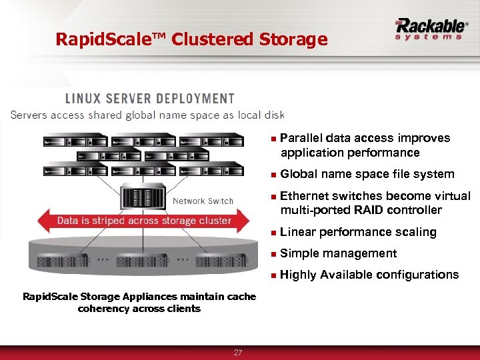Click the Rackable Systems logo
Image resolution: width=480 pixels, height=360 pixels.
(x=431, y=29)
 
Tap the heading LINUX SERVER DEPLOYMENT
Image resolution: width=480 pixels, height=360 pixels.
(x=149, y=99)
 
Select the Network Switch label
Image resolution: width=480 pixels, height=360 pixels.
(x=203, y=201)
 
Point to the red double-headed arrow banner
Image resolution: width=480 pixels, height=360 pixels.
(x=143, y=221)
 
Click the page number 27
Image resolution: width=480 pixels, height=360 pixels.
(x=238, y=353)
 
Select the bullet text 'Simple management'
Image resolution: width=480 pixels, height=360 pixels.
(x=338, y=253)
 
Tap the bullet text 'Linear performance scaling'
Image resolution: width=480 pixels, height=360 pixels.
(x=358, y=232)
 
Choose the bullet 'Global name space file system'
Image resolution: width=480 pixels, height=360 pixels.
(x=367, y=174)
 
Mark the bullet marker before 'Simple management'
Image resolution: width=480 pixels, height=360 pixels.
(x=273, y=254)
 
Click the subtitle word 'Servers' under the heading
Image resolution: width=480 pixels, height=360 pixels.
(x=29, y=115)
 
